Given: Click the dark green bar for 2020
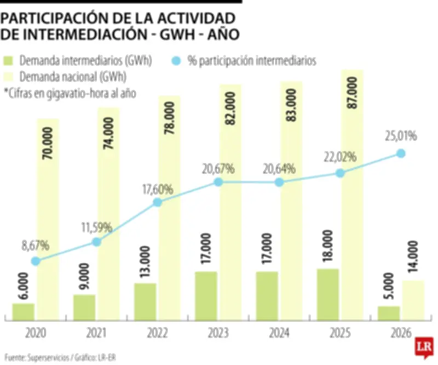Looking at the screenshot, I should pos(24,311).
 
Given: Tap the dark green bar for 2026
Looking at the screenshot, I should pos(388,313).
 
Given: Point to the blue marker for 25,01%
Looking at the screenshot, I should pos(401,153).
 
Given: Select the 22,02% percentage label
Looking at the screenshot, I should pos(340,157).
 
